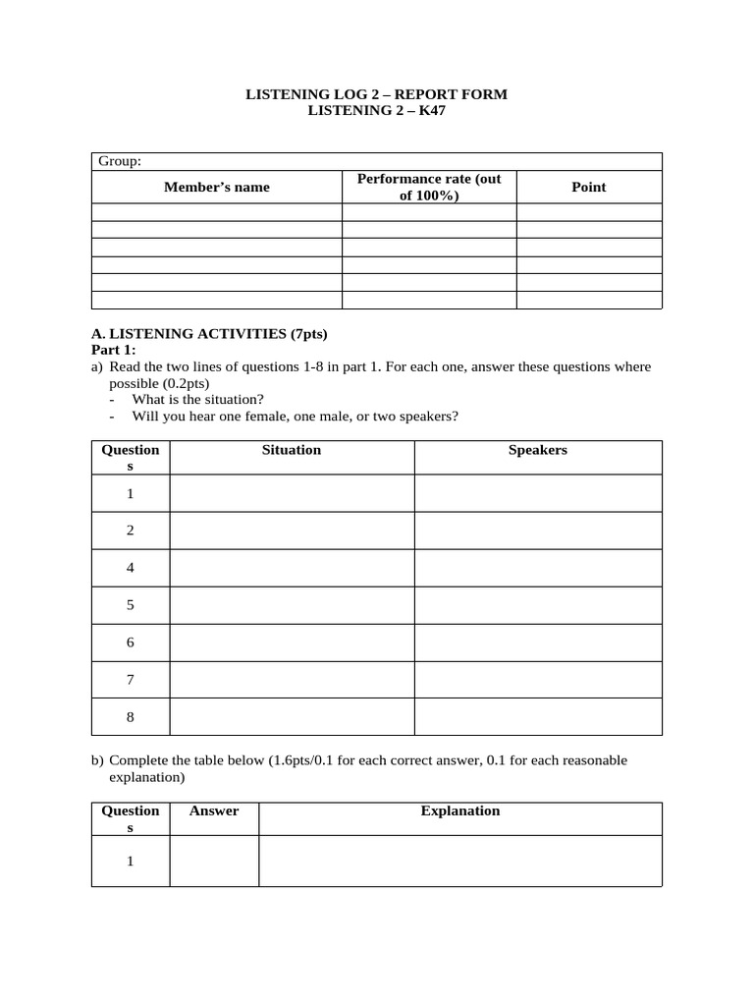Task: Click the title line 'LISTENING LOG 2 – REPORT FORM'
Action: (x=376, y=94)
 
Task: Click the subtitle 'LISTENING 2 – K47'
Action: (x=376, y=111)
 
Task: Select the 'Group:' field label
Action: (x=119, y=161)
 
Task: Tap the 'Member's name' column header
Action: (x=216, y=187)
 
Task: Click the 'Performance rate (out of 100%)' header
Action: (x=429, y=187)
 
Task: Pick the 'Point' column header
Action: (x=588, y=187)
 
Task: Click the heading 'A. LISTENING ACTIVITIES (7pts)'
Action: (x=209, y=334)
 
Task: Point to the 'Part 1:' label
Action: (x=114, y=350)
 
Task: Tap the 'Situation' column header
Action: (x=292, y=450)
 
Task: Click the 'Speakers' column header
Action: (x=537, y=450)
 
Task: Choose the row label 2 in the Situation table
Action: (x=130, y=531)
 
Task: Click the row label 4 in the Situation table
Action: (x=130, y=568)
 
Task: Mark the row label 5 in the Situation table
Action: (x=130, y=605)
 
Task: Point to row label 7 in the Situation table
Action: (x=130, y=680)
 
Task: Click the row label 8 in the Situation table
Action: (x=130, y=717)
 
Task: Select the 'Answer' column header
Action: (x=214, y=810)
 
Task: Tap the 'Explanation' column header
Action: (x=459, y=810)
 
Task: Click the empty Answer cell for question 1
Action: (x=214, y=861)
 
